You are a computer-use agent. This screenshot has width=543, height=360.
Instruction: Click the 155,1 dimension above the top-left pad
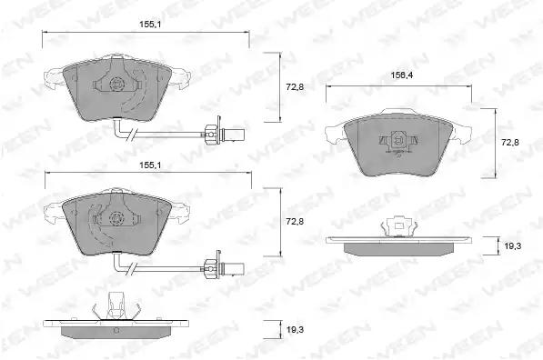150,25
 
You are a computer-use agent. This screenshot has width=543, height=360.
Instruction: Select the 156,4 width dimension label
402,75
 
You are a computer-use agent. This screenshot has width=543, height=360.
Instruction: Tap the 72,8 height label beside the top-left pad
295,87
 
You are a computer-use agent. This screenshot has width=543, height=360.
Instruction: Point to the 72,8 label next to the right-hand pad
510,142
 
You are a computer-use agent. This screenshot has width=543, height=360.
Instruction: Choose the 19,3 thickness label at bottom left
295,330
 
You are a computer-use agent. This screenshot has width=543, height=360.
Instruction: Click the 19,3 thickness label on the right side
512,246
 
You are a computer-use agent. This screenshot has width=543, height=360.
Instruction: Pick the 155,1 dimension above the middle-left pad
150,165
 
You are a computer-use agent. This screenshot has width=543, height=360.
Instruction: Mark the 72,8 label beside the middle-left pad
295,222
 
